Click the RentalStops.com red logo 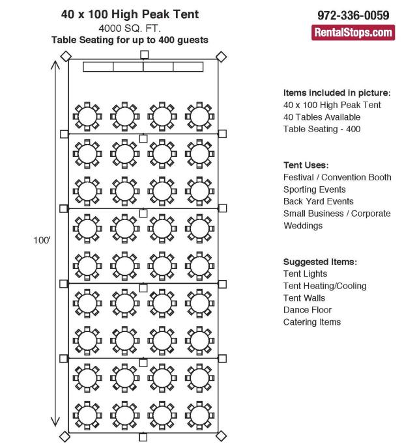point(353,32)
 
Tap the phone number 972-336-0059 point(353,15)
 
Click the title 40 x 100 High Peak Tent point(130,14)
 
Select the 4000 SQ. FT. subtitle point(130,28)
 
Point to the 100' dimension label point(42,240)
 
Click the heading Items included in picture point(337,92)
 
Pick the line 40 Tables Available point(322,117)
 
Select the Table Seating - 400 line point(322,129)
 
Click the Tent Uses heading point(306,165)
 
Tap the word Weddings point(303,225)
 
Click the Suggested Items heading point(320,262)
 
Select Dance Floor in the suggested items point(308,310)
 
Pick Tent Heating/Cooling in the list point(325,286)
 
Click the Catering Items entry point(312,322)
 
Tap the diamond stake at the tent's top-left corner point(65,57)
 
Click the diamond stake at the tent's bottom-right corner point(221,435)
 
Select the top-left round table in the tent point(87,116)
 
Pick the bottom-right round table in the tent point(199,414)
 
